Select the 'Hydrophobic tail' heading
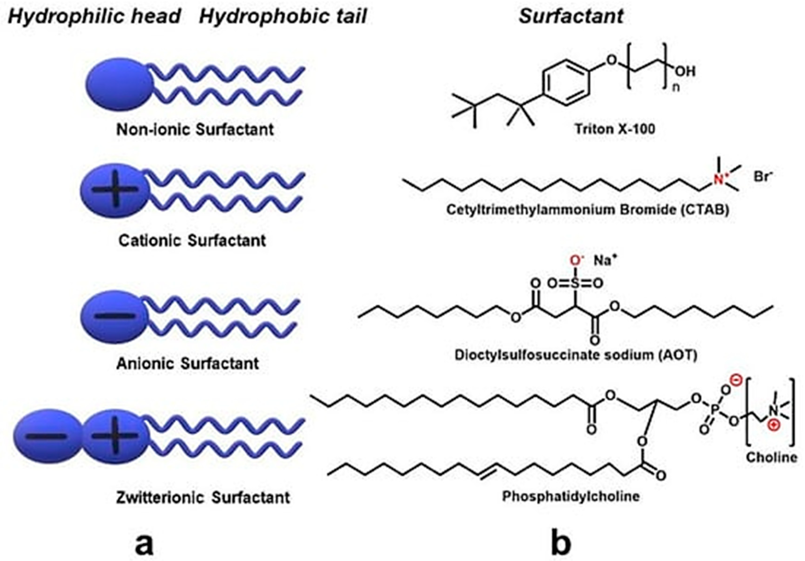point(283,16)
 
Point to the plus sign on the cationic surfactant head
point(115,190)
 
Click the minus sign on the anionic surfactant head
point(114,316)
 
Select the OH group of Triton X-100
point(685,71)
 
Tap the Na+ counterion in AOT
point(605,261)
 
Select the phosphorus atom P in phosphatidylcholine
point(715,409)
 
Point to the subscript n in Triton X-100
point(676,88)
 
